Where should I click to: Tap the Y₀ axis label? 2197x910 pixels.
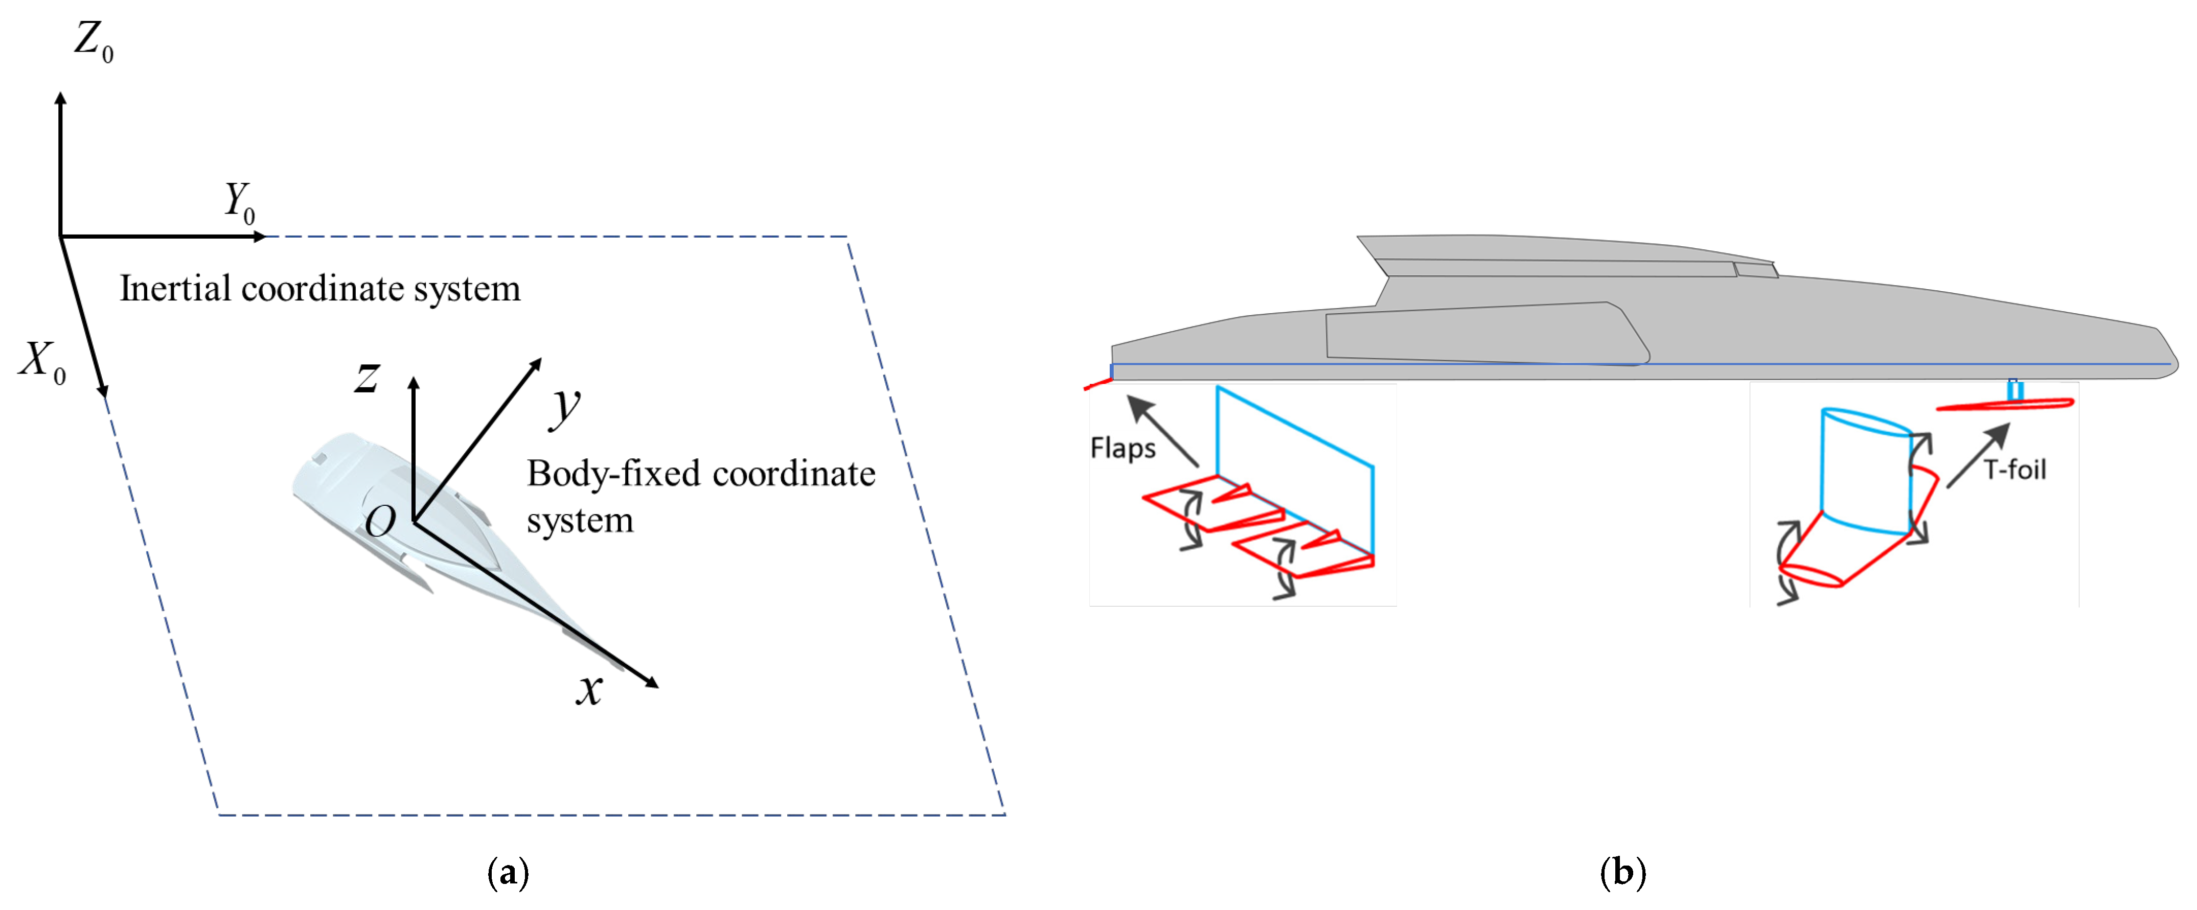click(239, 202)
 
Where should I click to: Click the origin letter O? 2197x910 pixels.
click(380, 520)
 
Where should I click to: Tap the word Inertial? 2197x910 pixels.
click(175, 288)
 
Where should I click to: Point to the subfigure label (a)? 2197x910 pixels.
click(508, 873)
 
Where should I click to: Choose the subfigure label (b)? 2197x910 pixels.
click(1623, 873)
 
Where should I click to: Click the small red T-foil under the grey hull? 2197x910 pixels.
click(2004, 404)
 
